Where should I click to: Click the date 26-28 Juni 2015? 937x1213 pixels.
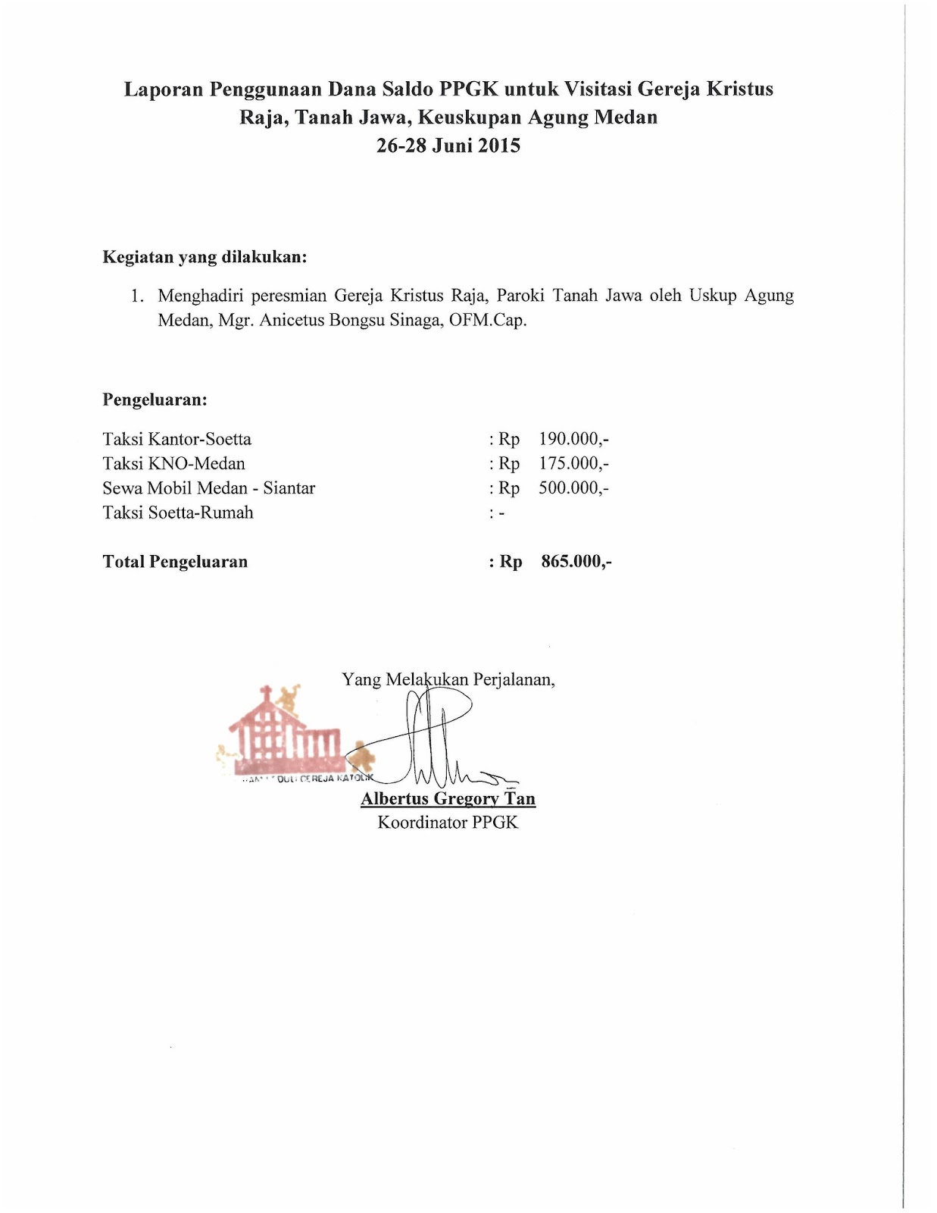click(x=448, y=146)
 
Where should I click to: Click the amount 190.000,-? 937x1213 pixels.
click(x=573, y=439)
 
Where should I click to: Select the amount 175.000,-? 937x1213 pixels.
click(x=573, y=463)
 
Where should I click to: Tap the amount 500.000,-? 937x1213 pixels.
click(x=573, y=487)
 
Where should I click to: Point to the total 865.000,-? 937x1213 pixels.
click(x=576, y=562)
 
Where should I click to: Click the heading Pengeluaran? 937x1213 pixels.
click(x=155, y=400)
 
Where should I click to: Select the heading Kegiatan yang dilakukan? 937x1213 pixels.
click(x=205, y=257)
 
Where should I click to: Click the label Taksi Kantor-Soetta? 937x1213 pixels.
click(x=177, y=439)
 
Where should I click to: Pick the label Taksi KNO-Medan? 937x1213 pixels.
click(x=174, y=463)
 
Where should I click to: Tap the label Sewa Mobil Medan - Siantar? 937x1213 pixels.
click(x=209, y=487)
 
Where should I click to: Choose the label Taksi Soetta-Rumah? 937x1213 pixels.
click(x=178, y=512)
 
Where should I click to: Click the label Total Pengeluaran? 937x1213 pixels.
click(x=175, y=562)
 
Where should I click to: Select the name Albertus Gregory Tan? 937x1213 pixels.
click(x=448, y=798)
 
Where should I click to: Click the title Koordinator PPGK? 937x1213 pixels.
click(x=448, y=823)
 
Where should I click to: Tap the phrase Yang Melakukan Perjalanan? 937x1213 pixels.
click(x=448, y=679)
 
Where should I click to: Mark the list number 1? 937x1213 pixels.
click(x=136, y=296)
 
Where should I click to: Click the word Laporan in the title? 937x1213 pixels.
click(x=164, y=89)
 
